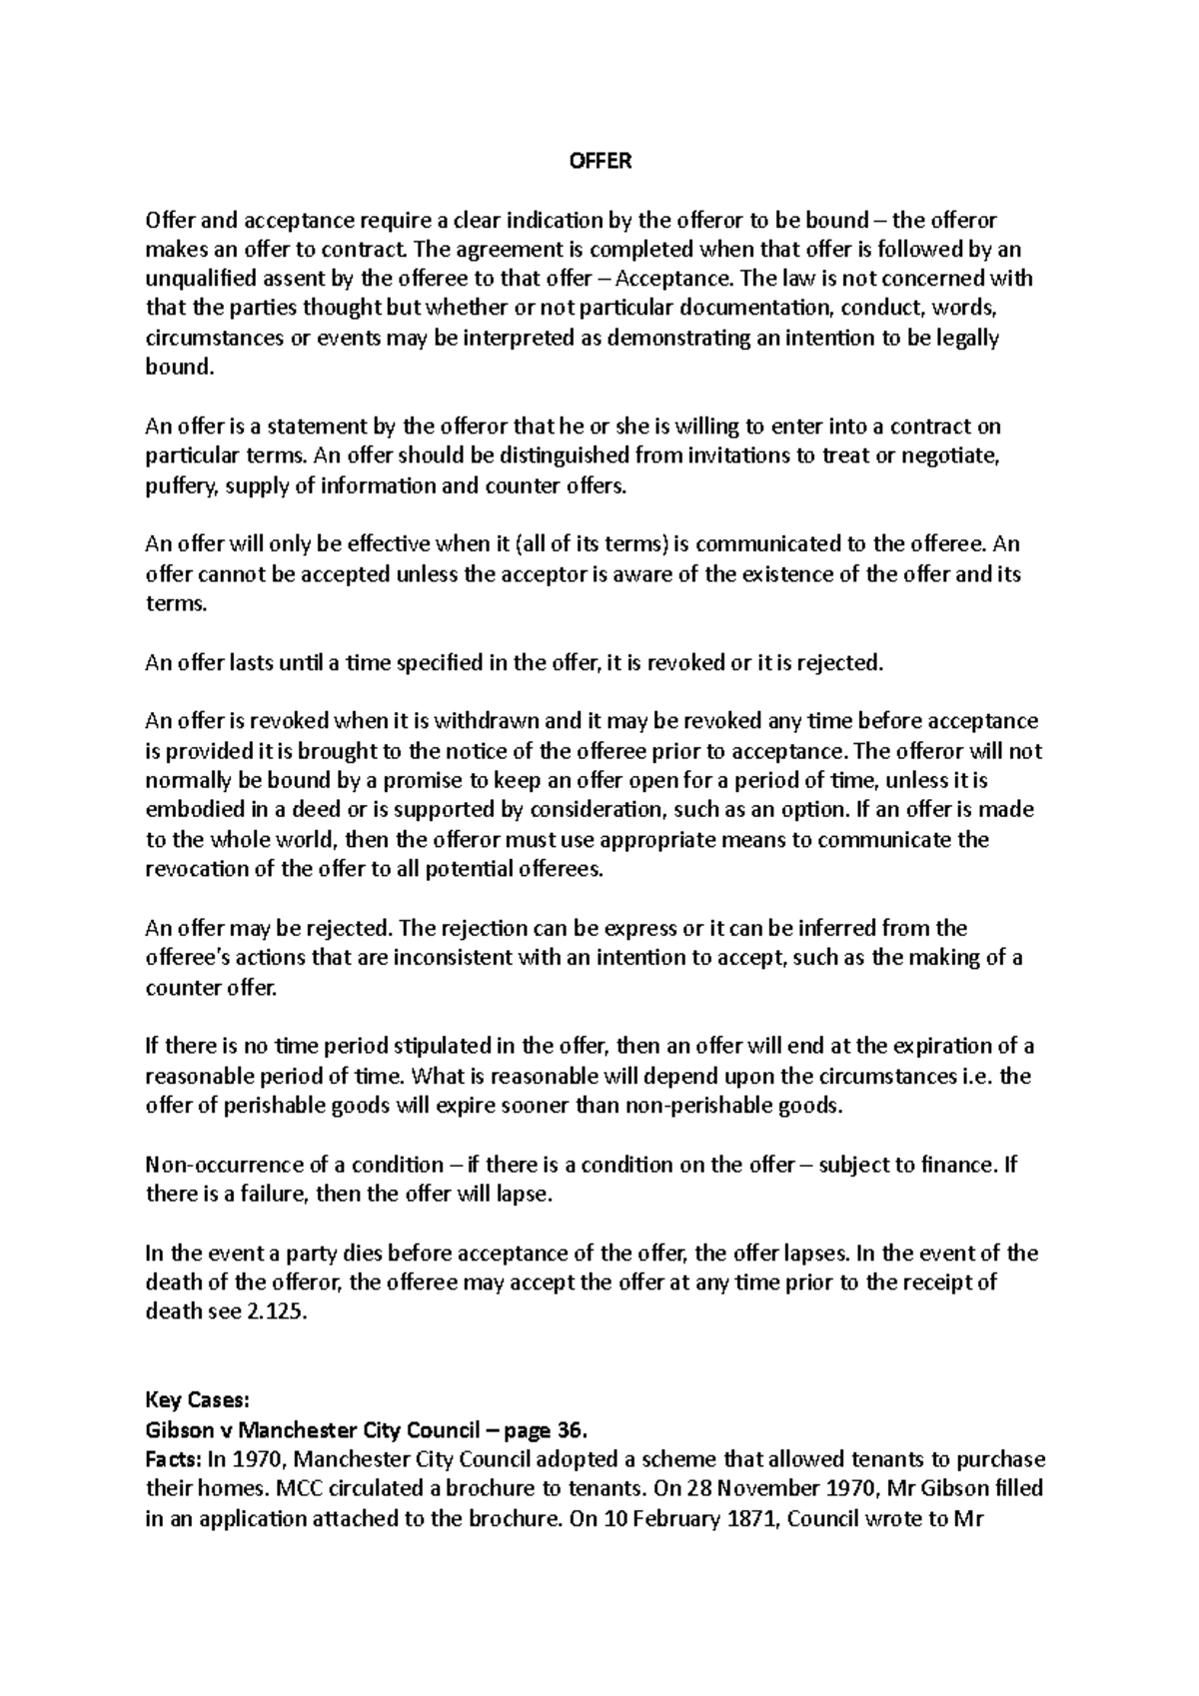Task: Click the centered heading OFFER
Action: click(599, 161)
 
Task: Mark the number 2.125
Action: click(277, 1312)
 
